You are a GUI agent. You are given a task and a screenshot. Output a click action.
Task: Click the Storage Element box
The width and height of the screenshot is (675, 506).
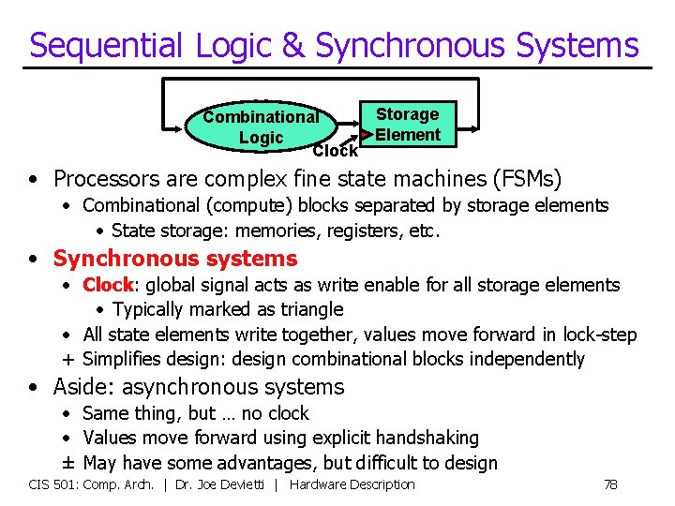pos(408,125)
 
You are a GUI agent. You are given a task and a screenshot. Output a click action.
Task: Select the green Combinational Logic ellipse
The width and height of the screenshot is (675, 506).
pos(260,126)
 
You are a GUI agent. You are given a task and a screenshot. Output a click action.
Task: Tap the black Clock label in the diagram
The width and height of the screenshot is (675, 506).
pos(335,151)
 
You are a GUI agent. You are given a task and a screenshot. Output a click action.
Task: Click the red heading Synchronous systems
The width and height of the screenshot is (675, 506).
pos(174,259)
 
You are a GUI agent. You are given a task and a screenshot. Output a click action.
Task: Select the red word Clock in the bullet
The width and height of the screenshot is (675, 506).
pos(108,285)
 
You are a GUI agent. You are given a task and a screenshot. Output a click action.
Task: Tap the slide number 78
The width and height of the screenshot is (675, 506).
pos(609,484)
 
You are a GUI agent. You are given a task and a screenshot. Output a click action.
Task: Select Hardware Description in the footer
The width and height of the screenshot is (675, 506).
pos(352,484)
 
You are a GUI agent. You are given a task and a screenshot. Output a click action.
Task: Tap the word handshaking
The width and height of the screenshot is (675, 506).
pos(430,438)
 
